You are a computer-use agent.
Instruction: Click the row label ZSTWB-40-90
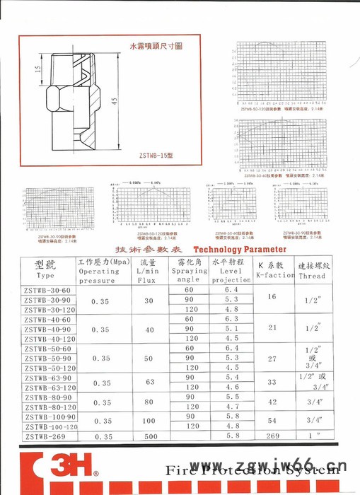tap(47, 330)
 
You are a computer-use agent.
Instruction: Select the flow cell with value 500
tap(149, 438)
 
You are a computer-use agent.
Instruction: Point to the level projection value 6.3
tap(231, 319)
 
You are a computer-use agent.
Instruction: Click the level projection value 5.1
tap(231, 329)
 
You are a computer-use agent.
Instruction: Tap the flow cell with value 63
tap(149, 382)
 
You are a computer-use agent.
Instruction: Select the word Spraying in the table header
tap(189, 271)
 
